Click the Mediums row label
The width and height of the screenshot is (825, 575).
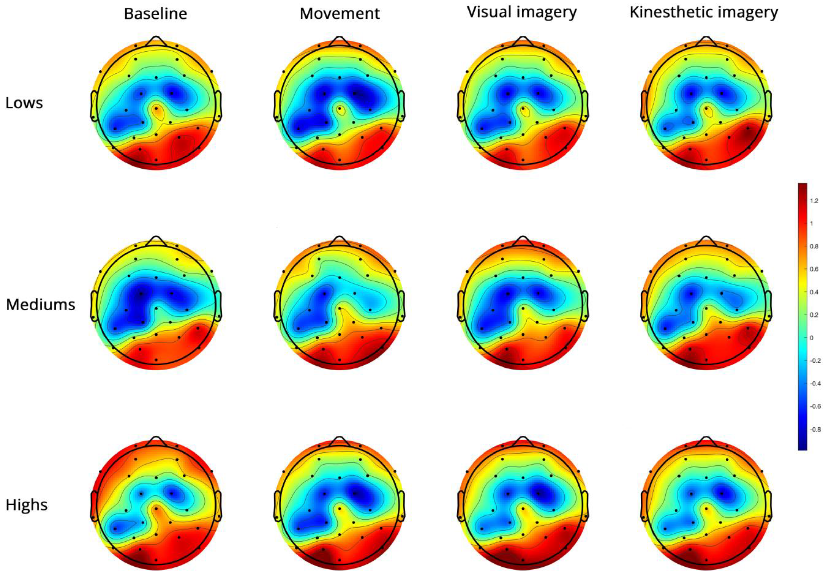coord(41,305)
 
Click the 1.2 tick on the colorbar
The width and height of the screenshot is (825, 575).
coord(814,201)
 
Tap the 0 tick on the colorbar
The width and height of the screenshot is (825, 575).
coord(811,338)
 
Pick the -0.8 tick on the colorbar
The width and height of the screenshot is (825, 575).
coord(815,429)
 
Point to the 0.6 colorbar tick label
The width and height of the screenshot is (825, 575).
coord(814,269)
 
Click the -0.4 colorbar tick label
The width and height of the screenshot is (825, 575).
coord(815,384)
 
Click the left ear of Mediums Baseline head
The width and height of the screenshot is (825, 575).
coord(94,306)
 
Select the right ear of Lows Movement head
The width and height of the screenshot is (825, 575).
coord(401,106)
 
